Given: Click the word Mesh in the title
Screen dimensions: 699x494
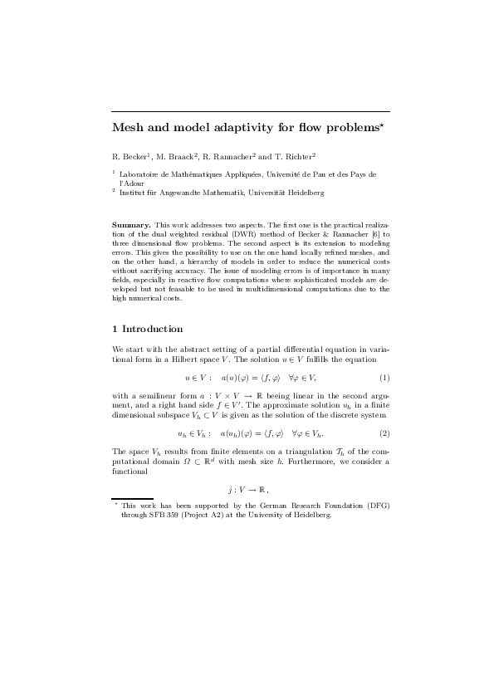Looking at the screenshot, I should point(128,128).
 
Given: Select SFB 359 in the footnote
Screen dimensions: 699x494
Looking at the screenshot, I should point(159,515).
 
